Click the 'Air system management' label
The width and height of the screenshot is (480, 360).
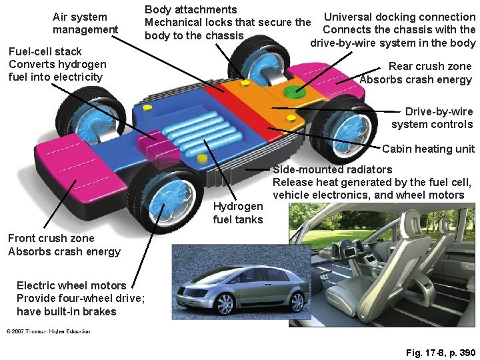[x=85, y=23]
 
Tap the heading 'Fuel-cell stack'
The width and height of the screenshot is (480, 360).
[x=45, y=51]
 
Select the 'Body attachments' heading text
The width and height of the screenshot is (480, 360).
[x=191, y=10]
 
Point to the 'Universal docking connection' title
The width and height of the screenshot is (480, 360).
[x=399, y=17]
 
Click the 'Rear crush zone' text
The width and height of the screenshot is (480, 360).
[x=429, y=67]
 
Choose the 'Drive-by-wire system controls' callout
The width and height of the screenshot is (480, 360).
[x=432, y=118]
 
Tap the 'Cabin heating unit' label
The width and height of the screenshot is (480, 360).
[x=428, y=149]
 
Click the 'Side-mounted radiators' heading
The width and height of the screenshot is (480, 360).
[x=333, y=170]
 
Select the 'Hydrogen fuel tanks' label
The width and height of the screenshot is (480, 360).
[x=238, y=213]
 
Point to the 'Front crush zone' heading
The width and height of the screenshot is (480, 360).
[x=51, y=238]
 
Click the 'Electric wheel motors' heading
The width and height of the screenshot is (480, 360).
[x=71, y=285]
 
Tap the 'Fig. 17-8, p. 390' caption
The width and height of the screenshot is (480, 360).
[x=440, y=352]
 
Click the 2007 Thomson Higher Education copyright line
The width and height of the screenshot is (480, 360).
[x=48, y=331]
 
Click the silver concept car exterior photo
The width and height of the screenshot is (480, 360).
[x=229, y=287]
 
